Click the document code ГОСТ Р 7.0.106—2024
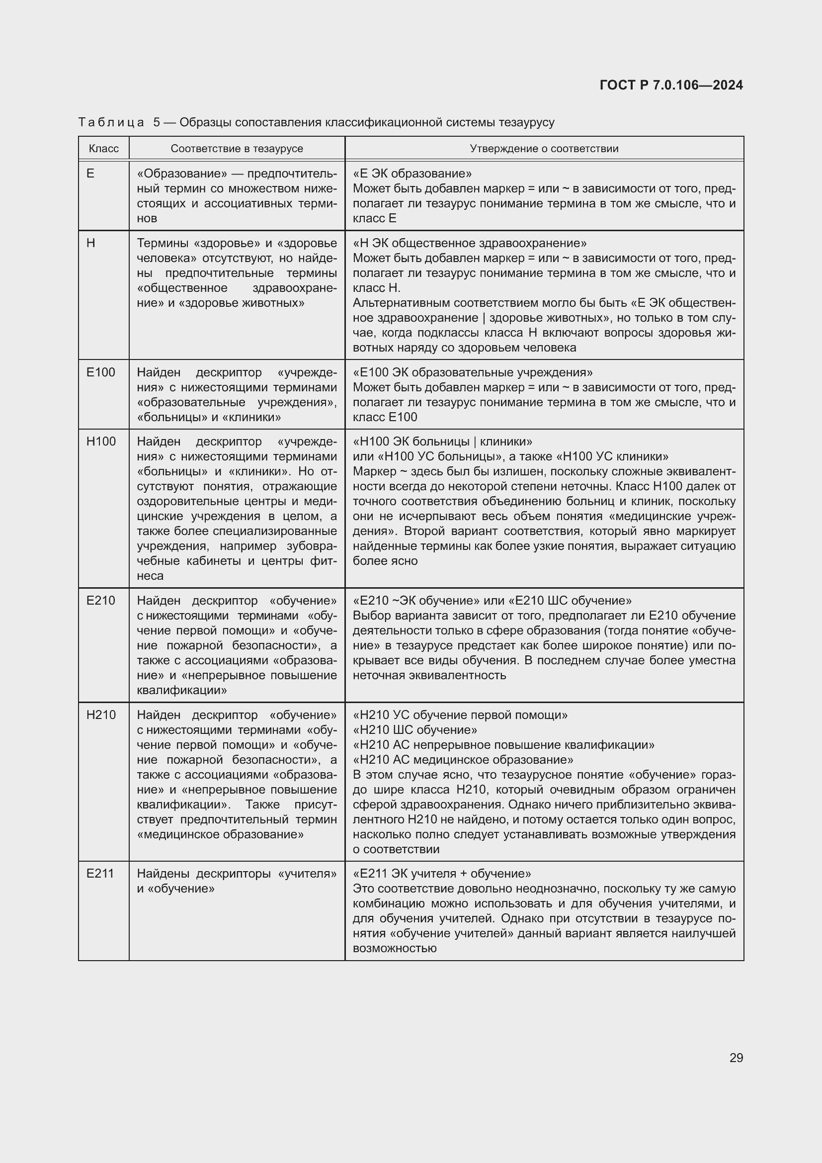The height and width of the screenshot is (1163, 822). (x=670, y=85)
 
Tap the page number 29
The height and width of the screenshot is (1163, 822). (x=736, y=1058)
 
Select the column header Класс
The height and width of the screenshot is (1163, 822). (x=103, y=148)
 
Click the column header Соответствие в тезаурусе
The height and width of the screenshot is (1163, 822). (x=237, y=148)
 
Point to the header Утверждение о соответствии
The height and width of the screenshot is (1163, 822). (x=544, y=148)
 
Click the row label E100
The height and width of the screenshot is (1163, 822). (x=101, y=372)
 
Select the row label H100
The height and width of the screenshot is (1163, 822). (x=101, y=441)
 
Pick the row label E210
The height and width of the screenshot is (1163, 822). (x=101, y=600)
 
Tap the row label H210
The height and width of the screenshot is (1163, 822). (x=101, y=715)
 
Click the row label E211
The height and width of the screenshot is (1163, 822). (x=100, y=873)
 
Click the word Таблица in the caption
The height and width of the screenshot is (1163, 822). (x=111, y=123)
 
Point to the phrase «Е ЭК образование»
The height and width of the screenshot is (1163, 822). (x=412, y=174)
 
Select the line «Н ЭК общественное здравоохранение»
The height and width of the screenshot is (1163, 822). (x=469, y=243)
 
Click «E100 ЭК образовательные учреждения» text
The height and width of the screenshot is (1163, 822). (x=472, y=372)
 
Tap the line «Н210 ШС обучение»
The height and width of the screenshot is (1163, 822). (x=414, y=730)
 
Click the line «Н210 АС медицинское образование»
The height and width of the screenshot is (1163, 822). (x=463, y=760)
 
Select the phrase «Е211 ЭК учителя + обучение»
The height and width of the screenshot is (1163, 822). (x=441, y=873)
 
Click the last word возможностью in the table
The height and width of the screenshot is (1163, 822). (x=394, y=948)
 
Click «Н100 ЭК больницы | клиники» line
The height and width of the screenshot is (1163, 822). (x=442, y=441)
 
